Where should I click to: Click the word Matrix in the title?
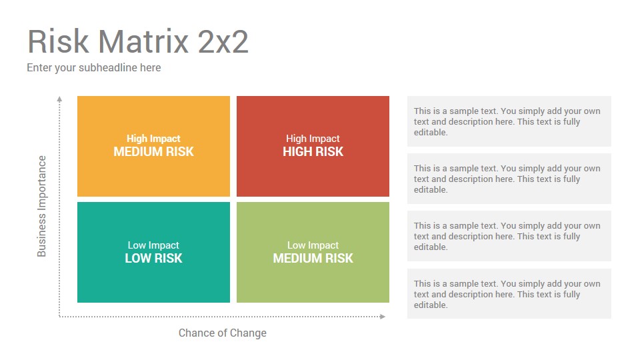[x=143, y=41]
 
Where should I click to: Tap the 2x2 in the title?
[x=223, y=41]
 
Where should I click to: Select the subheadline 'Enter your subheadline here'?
[x=94, y=68]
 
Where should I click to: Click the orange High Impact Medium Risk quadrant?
[x=153, y=146]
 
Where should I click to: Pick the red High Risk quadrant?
[x=313, y=146]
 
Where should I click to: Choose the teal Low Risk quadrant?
[x=153, y=252]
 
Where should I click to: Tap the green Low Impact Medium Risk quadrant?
[x=313, y=252]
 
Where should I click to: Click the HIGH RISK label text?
[x=313, y=152]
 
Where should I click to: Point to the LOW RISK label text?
[x=153, y=259]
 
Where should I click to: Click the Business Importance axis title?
[x=41, y=206]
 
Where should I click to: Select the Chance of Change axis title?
[x=223, y=333]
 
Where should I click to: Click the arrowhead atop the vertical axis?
[x=59, y=99]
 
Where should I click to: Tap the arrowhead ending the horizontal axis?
[x=383, y=316]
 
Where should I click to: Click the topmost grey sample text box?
[x=509, y=121]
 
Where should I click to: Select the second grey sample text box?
[x=509, y=179]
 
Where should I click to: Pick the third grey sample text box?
[x=509, y=236]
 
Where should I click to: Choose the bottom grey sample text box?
[x=509, y=293]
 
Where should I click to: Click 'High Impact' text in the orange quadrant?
[x=153, y=139]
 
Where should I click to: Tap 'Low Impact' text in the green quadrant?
[x=313, y=245]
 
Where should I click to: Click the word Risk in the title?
[x=59, y=41]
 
